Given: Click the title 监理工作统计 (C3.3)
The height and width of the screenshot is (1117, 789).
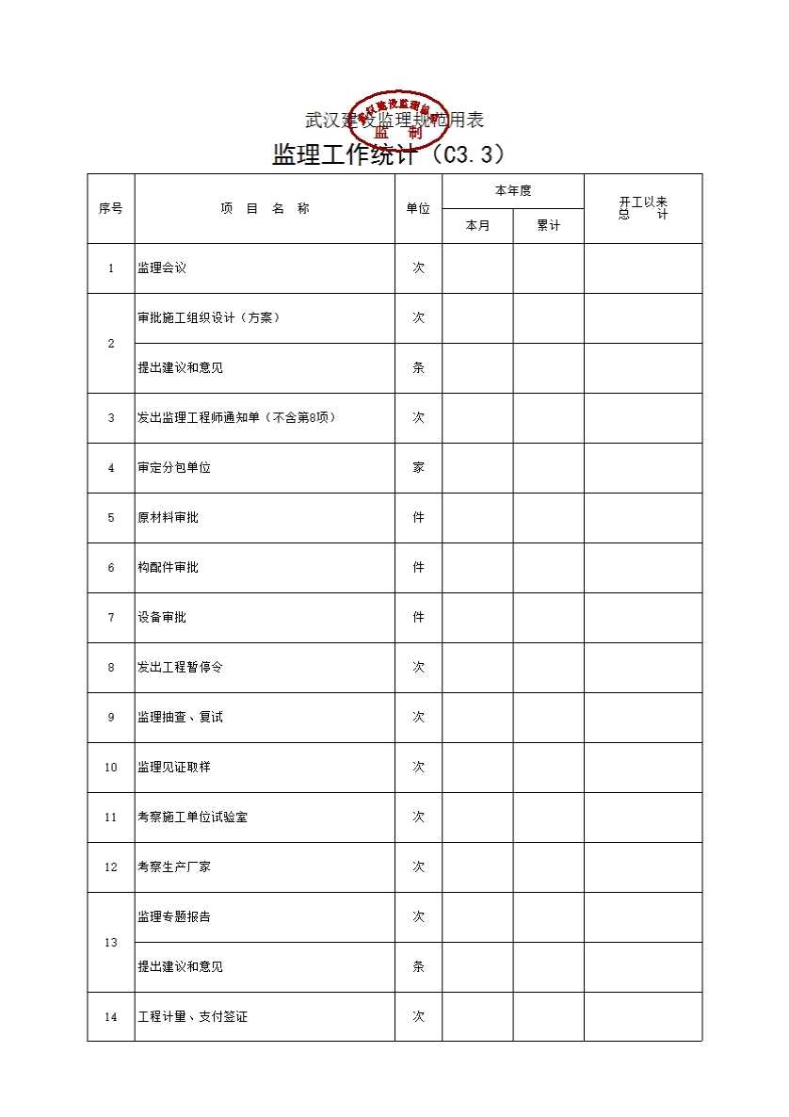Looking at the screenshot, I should (389, 154).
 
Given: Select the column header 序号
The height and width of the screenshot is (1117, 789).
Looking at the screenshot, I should (110, 209).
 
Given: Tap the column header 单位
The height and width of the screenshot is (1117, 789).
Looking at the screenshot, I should (418, 209).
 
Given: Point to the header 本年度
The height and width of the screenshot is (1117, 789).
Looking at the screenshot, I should (513, 191).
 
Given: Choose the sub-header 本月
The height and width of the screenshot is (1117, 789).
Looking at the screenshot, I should (477, 226).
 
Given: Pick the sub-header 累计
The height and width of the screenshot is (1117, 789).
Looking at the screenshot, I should (548, 226).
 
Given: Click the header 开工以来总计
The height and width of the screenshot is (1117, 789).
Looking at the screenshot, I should (643, 208).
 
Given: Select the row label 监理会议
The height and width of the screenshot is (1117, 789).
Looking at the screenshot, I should (162, 268).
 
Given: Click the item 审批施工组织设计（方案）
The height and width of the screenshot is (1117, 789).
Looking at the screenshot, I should (208, 318).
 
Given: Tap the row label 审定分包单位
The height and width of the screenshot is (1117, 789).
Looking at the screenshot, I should (174, 468).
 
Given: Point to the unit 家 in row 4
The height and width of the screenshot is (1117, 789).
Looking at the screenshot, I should (418, 468).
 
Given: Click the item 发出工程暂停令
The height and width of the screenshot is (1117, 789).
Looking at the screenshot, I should (180, 668).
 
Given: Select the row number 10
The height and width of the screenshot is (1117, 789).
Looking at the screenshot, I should (110, 768).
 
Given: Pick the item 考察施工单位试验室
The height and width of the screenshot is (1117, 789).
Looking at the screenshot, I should (192, 818).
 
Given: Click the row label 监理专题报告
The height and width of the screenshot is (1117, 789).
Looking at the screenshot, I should (174, 917).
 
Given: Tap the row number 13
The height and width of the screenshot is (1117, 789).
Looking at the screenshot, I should (110, 943).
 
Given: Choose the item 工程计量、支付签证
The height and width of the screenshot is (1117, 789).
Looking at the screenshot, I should (192, 1017).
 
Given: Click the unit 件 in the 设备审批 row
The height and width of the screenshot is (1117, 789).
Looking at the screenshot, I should (418, 618).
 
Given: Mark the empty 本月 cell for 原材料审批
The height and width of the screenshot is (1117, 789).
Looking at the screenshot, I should (477, 518).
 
